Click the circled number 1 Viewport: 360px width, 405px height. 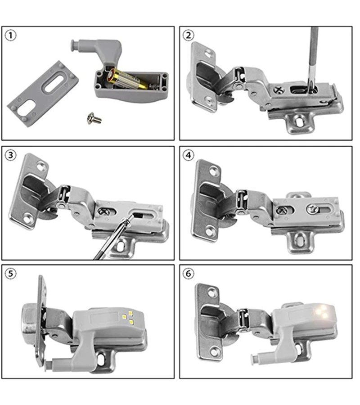[x=11, y=36]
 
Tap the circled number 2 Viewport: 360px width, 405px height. [x=188, y=35]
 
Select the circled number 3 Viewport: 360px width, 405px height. [x=11, y=155]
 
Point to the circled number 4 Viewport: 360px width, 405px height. [x=188, y=155]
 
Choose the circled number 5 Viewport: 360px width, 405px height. [x=11, y=274]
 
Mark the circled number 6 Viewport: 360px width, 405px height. [x=188, y=274]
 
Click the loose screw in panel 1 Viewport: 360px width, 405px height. [x=94, y=118]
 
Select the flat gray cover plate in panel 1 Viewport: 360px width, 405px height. [x=43, y=94]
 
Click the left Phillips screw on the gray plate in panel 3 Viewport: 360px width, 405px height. [x=104, y=212]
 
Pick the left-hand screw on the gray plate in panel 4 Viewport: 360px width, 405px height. [x=282, y=210]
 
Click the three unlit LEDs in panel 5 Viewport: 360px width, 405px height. [x=128, y=317]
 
